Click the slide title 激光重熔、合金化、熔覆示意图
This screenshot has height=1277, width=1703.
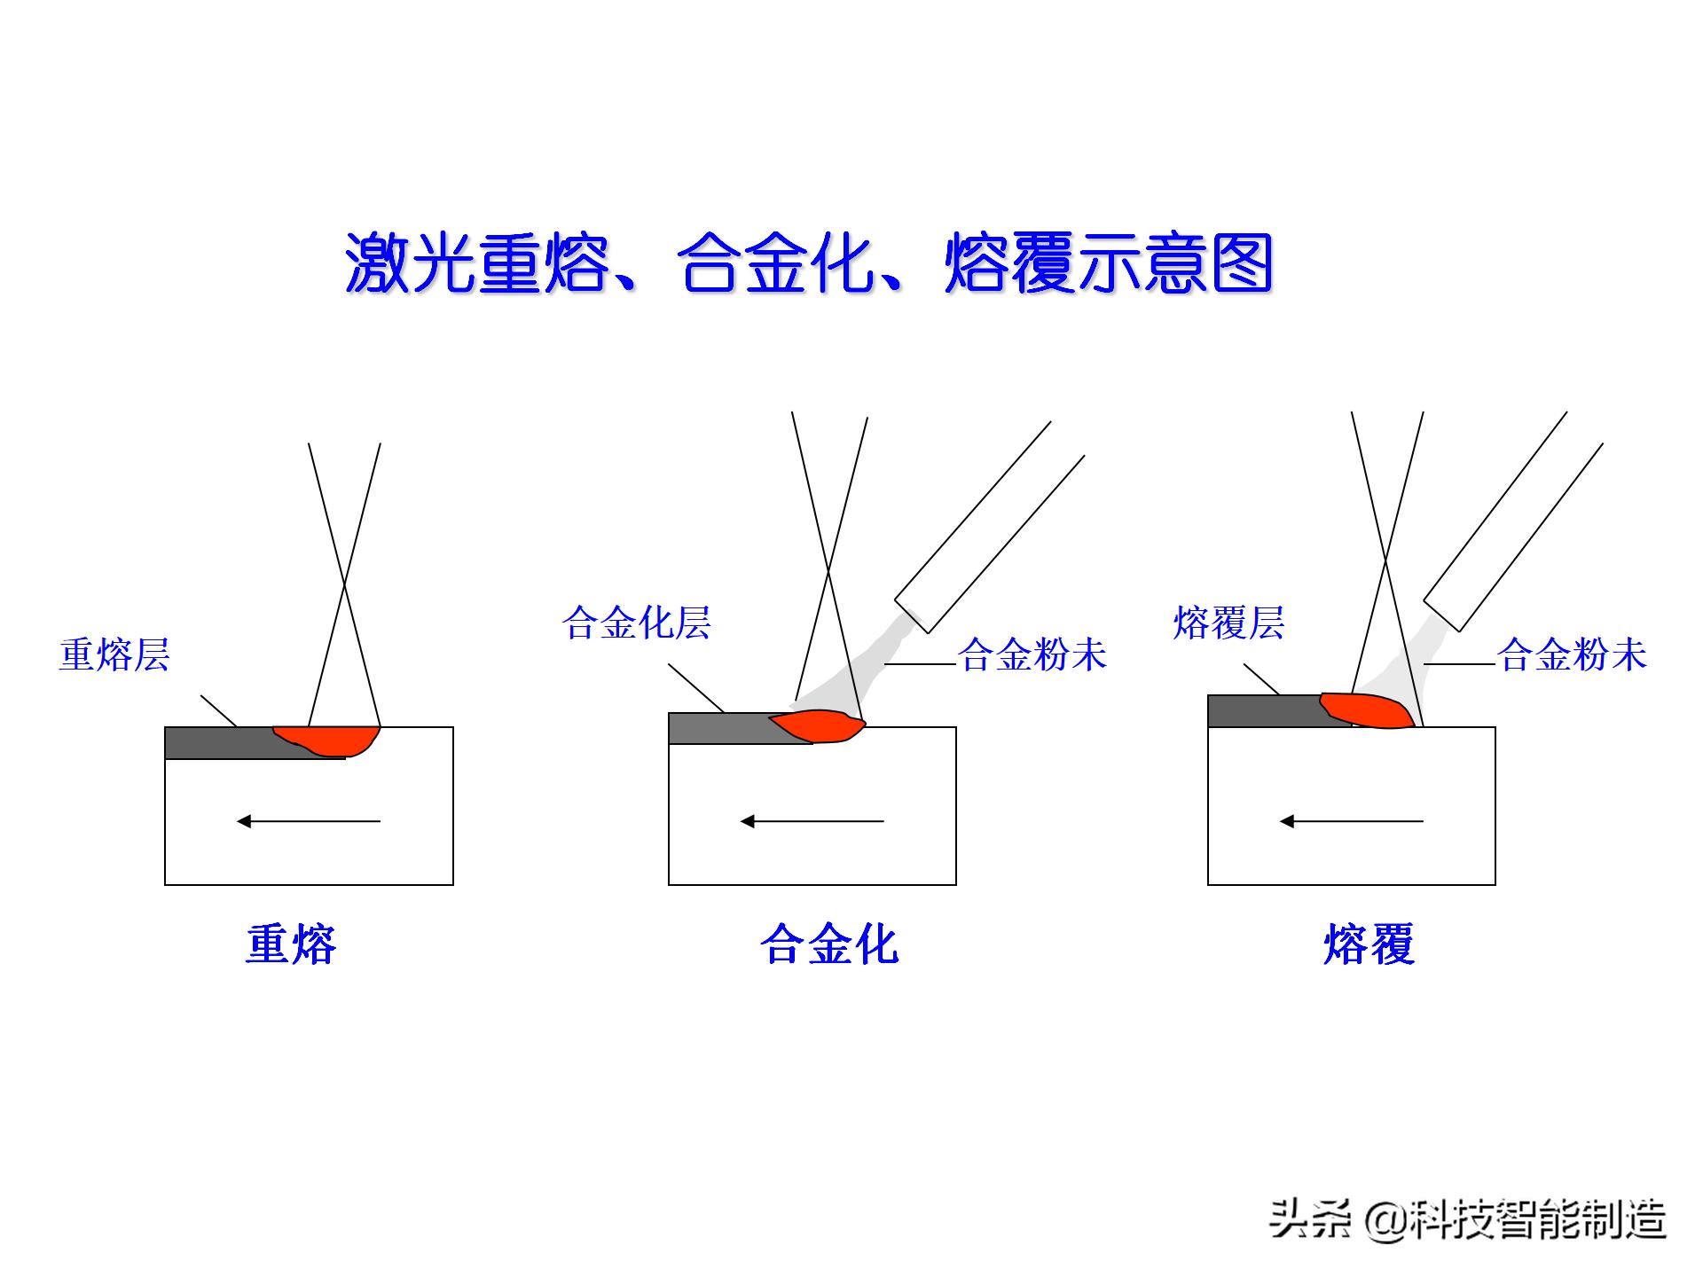click(x=809, y=263)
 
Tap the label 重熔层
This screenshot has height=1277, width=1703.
click(x=114, y=655)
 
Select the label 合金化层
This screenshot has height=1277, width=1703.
click(x=637, y=623)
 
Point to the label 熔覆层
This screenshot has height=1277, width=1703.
click(x=1228, y=623)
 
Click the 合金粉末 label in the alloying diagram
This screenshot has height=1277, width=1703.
click(x=1033, y=655)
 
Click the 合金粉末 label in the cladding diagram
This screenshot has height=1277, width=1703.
click(x=1573, y=655)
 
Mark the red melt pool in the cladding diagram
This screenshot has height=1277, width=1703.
click(x=1366, y=710)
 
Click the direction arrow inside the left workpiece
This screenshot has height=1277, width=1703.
click(x=309, y=821)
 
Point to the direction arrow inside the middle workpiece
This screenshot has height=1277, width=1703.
click(x=812, y=821)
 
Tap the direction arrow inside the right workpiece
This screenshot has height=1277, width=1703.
click(x=1351, y=821)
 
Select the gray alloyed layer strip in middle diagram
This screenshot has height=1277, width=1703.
click(x=718, y=728)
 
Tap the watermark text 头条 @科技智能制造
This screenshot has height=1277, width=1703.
click(x=1468, y=1218)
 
